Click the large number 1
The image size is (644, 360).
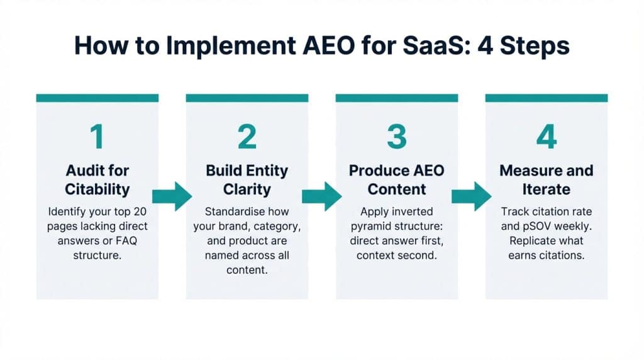click(x=96, y=137)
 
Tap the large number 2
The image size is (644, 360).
click(x=247, y=137)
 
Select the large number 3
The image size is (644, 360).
click(x=396, y=137)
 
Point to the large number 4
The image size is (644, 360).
click(x=546, y=137)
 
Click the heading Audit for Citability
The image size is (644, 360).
click(x=97, y=179)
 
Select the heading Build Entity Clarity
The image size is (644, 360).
click(x=247, y=179)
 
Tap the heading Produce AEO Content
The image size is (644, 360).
click(x=396, y=179)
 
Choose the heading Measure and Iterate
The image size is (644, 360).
click(x=546, y=179)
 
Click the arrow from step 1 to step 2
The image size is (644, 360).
click(x=172, y=196)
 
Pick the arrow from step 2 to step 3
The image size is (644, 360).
click(x=322, y=196)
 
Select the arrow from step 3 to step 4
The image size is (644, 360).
click(x=472, y=196)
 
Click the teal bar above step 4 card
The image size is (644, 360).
click(x=546, y=98)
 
